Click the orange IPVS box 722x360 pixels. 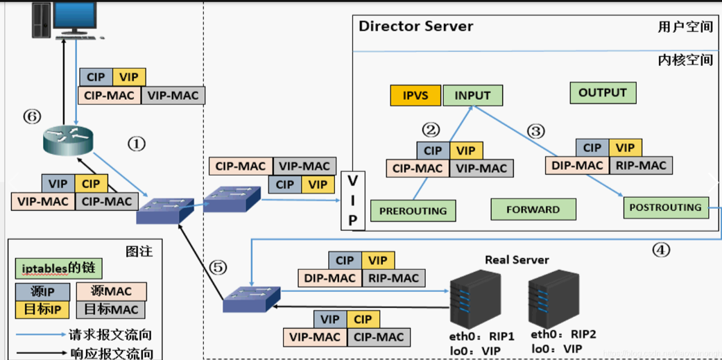pyautogui.click(x=415, y=95)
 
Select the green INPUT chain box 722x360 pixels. pyautogui.click(x=473, y=95)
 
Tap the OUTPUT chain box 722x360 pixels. pyautogui.click(x=603, y=92)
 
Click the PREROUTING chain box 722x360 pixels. pyautogui.click(x=413, y=211)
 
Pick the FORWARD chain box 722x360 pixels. pyautogui.click(x=533, y=209)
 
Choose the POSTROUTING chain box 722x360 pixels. pyautogui.click(x=666, y=207)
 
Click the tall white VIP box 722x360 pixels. pyautogui.click(x=352, y=200)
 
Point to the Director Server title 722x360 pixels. pyautogui.click(x=416, y=26)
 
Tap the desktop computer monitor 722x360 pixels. pyautogui.click(x=76, y=17)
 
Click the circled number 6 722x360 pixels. pyautogui.click(x=32, y=116)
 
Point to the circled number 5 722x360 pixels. pyautogui.click(x=218, y=268)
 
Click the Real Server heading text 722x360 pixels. pyautogui.click(x=517, y=260)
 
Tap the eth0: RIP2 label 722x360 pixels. pyautogui.click(x=563, y=334)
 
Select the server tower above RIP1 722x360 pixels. pyautogui.click(x=475, y=297)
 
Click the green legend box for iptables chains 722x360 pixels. pyautogui.click(x=58, y=268)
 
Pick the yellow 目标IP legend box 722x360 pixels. pyautogui.click(x=42, y=310)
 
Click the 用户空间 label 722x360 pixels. pyautogui.click(x=685, y=27)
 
